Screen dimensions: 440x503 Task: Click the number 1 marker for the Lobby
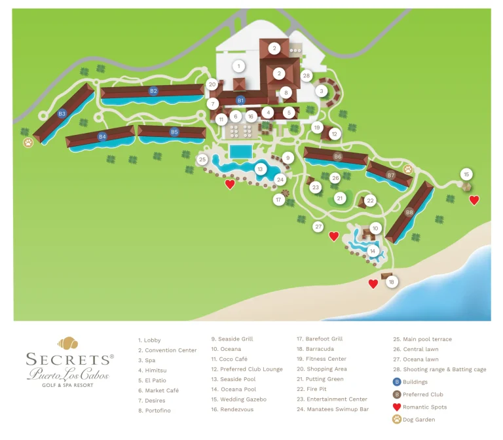click(x=240, y=66)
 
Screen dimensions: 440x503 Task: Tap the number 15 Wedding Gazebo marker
click(x=466, y=174)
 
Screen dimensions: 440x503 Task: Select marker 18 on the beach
click(x=392, y=282)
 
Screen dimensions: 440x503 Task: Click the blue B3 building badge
click(x=62, y=114)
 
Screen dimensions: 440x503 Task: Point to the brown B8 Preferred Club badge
click(x=409, y=212)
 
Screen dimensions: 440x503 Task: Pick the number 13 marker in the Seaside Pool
click(x=260, y=170)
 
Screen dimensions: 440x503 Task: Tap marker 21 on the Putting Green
click(x=339, y=198)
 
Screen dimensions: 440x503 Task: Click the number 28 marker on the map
click(x=306, y=76)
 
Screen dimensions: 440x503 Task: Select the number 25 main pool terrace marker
click(x=202, y=160)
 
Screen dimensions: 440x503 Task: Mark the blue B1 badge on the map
click(x=240, y=100)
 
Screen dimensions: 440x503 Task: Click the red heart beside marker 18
click(x=373, y=284)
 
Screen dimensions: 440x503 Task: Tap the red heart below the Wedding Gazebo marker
click(x=474, y=200)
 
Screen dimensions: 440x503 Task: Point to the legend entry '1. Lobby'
click(x=149, y=340)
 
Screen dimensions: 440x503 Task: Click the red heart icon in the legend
click(x=397, y=407)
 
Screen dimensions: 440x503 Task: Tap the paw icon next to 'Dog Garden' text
click(x=397, y=420)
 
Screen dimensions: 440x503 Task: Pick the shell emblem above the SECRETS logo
click(x=67, y=343)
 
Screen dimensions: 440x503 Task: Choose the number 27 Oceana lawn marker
click(x=318, y=227)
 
